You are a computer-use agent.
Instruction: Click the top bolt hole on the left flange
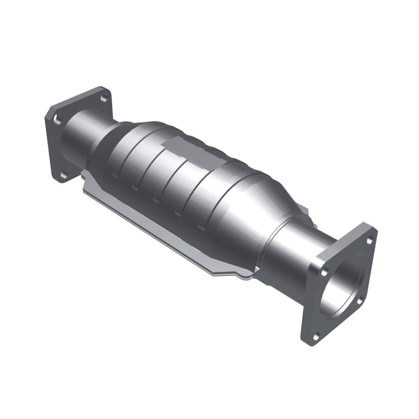pos(104,97)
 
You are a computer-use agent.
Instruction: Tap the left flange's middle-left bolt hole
pos(57,120)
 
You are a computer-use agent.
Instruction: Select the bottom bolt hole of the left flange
pos(62,175)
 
